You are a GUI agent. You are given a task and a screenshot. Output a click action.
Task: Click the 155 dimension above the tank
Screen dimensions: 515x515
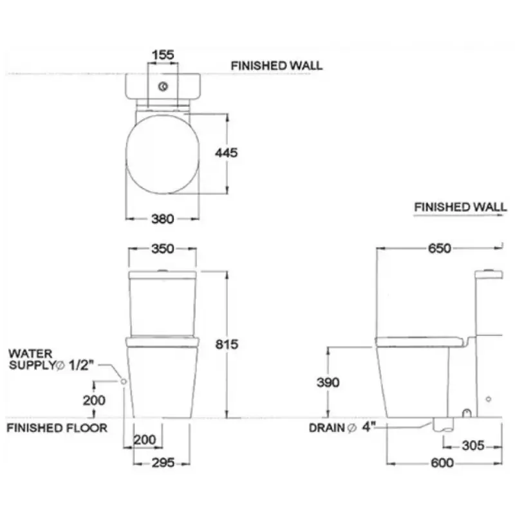pos(164,55)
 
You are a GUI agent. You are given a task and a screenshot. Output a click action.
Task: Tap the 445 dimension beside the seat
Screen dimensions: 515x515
pos(227,153)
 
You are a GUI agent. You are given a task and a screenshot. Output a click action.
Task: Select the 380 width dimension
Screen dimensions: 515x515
pos(163,219)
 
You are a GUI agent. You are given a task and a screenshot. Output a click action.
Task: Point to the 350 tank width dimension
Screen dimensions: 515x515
pos(163,248)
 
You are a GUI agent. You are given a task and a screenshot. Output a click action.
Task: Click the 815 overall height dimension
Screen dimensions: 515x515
pos(227,344)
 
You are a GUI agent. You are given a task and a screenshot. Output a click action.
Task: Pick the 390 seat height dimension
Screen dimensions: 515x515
pos(328,382)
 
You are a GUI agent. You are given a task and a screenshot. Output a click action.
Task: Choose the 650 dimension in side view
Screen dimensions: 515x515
pos(440,248)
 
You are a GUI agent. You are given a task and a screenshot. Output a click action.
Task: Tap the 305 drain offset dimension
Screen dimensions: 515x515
pos(473,445)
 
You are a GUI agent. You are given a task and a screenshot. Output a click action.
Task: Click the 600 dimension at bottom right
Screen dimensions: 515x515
pos(442,463)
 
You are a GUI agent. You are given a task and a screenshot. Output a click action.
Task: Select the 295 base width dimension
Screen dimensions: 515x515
pos(163,463)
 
